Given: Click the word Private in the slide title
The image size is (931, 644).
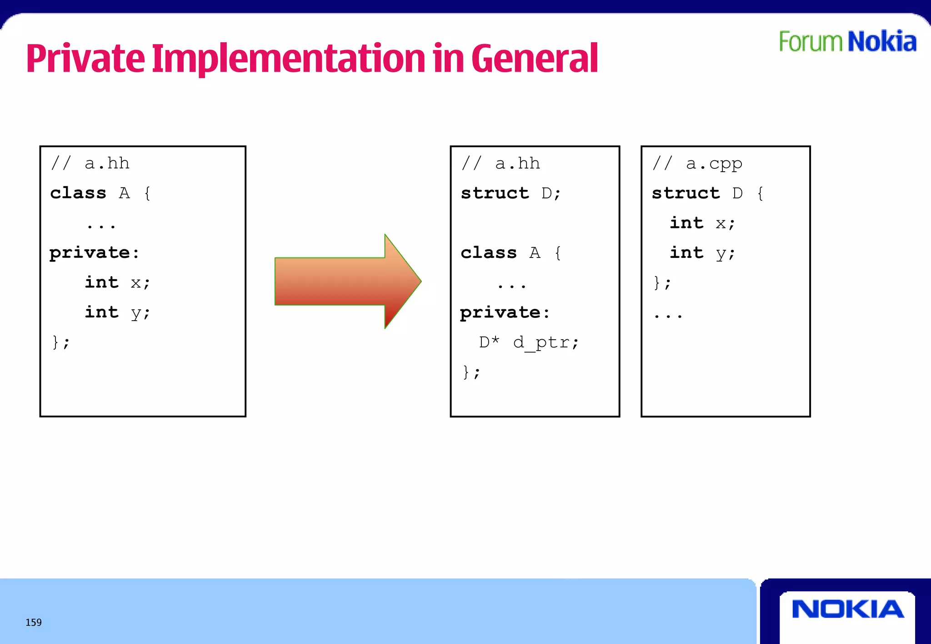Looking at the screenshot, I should (85, 59).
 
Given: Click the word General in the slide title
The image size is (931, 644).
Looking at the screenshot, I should (535, 59).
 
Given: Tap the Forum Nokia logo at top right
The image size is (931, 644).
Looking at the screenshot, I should (847, 42).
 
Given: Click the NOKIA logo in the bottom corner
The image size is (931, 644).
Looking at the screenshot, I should (848, 609).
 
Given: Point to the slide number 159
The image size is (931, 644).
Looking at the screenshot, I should (34, 622).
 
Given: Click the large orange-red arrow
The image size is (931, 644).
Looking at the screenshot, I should (348, 281).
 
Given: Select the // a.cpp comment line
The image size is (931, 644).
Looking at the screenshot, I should (697, 163).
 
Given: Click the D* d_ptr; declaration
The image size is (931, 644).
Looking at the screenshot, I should (529, 342).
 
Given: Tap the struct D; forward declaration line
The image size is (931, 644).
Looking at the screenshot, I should (511, 193).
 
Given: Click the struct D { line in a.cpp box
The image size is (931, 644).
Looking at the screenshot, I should (707, 193).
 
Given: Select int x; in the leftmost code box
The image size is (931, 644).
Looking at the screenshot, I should (117, 282).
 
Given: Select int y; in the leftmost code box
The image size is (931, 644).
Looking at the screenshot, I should (117, 312).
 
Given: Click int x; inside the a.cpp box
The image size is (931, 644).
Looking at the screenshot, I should (702, 223).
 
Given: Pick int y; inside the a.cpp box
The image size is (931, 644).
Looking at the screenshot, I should (702, 253).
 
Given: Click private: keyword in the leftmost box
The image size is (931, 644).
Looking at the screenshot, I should (94, 253).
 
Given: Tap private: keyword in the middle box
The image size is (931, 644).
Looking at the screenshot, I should (505, 312).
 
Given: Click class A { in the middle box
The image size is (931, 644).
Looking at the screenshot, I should (511, 253).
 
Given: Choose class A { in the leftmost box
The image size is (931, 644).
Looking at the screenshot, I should (100, 193).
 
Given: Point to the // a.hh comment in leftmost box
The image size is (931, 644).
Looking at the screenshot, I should (90, 163).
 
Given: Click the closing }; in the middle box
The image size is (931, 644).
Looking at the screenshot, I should (471, 372).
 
